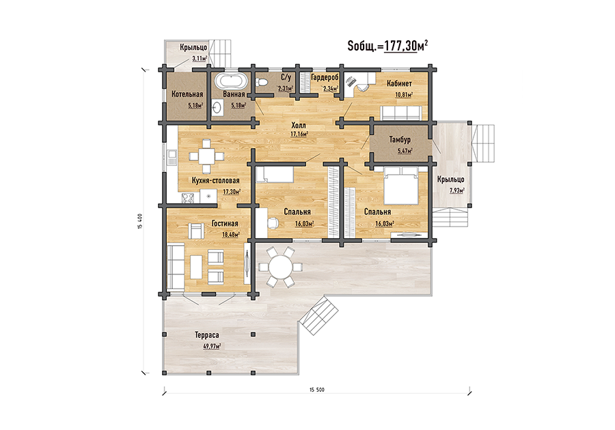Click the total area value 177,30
pos(400,46)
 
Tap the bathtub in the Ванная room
pos(231,81)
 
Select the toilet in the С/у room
pos(261,82)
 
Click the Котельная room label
pos(187,94)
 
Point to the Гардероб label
pos(325,77)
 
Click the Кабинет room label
pos(399,83)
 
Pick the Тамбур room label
pos(400,139)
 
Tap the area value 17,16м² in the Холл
pos(299,134)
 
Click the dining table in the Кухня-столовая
pos(206,157)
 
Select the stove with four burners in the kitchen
pos(188,198)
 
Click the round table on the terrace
pos(280,268)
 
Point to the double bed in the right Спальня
pos(400,186)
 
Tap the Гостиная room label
pos(225,224)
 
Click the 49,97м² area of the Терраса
pos(212,346)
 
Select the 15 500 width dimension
pos(317,390)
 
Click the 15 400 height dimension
pos(140,222)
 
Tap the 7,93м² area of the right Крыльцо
pos(457,190)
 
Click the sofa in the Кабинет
pos(401,113)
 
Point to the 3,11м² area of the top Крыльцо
pos(200,59)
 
